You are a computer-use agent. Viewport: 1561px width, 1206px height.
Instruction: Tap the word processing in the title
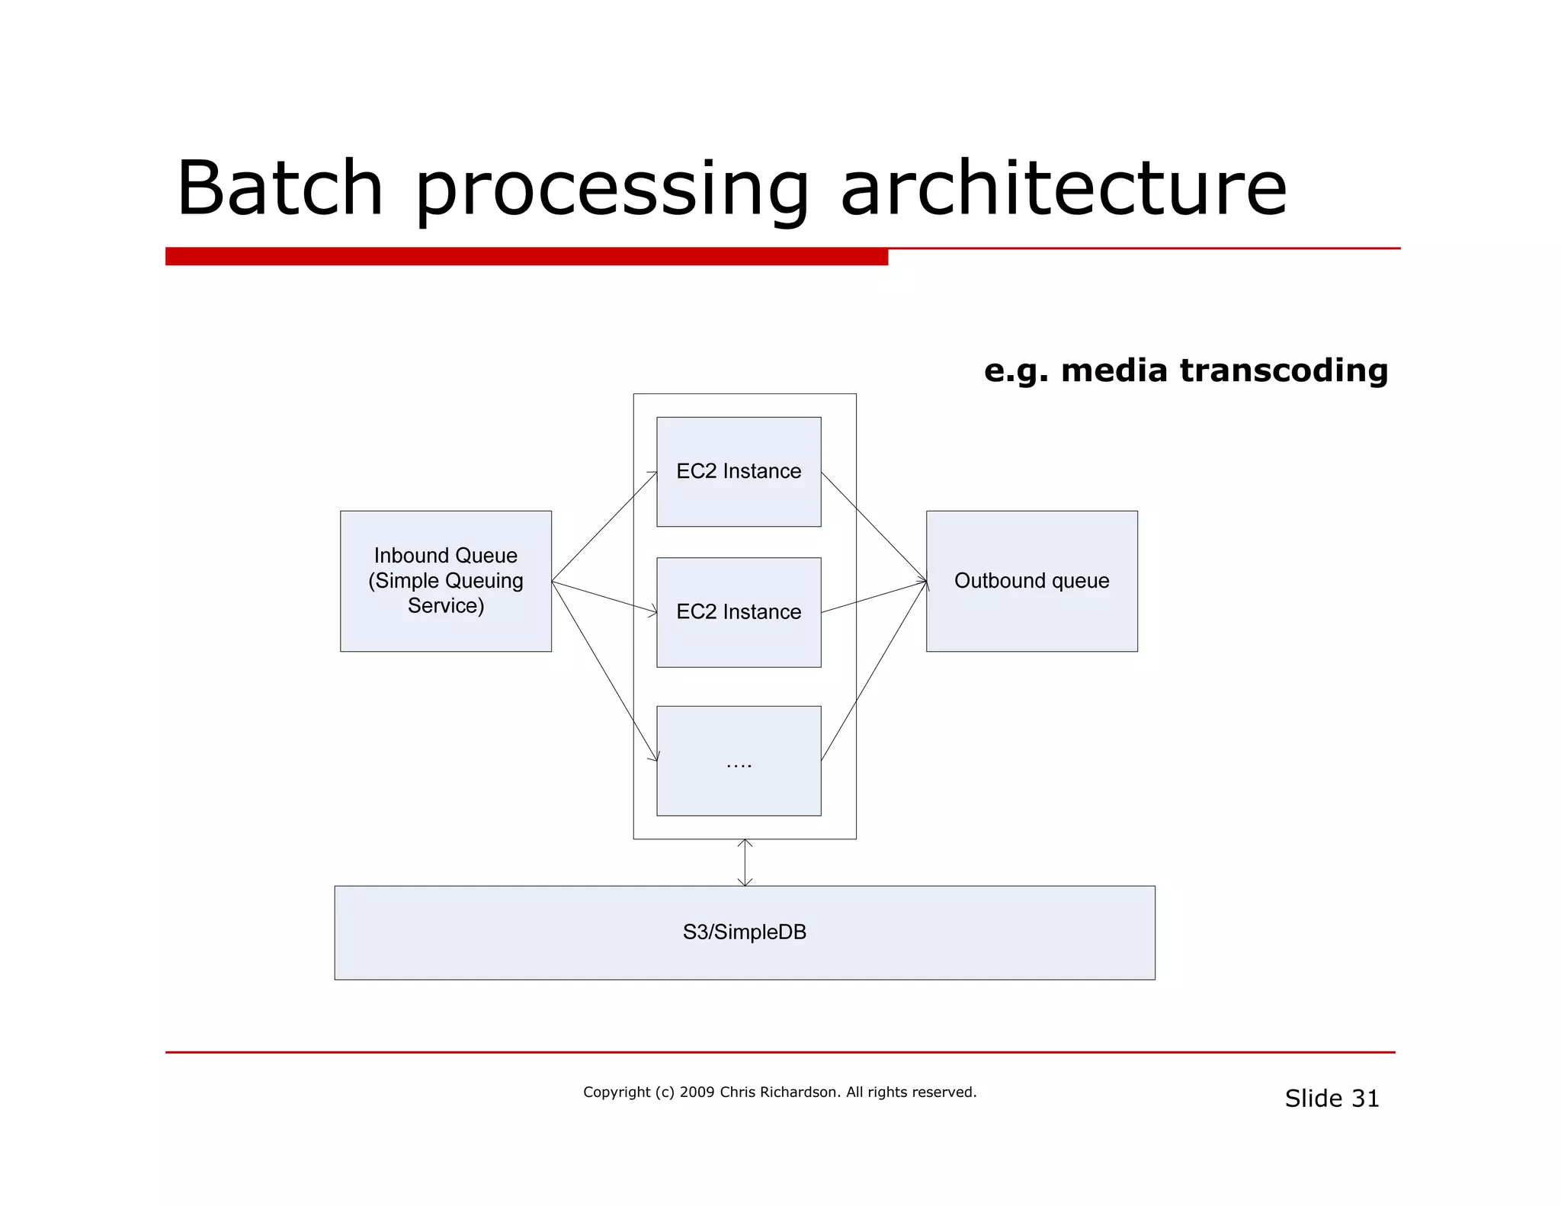coord(611,191)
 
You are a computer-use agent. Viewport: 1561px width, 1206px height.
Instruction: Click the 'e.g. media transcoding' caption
coord(1185,370)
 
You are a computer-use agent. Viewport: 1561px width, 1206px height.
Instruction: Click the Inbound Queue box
coord(445,581)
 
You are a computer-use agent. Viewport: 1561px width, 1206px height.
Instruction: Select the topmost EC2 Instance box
coord(738,471)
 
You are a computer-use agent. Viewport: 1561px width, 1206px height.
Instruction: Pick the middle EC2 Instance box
coord(738,612)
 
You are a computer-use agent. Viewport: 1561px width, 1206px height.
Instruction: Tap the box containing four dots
coord(738,761)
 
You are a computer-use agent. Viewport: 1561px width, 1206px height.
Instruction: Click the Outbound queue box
coord(1031,581)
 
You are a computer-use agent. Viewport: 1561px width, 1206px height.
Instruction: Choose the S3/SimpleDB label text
coord(744,932)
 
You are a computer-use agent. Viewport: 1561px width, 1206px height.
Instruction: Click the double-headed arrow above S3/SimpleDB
coord(745,862)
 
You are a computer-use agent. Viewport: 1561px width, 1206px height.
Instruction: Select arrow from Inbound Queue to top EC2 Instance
coord(604,527)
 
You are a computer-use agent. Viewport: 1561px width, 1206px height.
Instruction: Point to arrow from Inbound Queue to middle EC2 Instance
coord(604,597)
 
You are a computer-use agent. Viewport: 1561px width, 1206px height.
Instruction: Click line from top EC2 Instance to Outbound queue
coord(873,526)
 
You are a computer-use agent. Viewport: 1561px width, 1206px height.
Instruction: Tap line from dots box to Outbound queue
coord(873,671)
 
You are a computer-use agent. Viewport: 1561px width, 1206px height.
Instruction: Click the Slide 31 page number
coord(1332,1099)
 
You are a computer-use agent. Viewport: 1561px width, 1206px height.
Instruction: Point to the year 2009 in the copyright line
coord(697,1092)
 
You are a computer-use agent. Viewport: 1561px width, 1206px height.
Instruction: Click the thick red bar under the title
coord(526,256)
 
